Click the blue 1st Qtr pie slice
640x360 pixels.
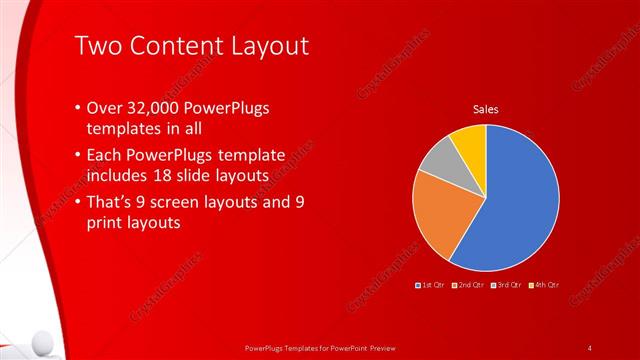click(515, 205)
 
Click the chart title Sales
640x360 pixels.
click(485, 109)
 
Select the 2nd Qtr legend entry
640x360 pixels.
click(468, 286)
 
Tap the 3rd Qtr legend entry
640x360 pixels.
click(506, 286)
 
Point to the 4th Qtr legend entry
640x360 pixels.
click(543, 286)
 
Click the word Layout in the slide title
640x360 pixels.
click(266, 46)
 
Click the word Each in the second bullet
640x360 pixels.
click(107, 155)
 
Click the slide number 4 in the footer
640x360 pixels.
click(590, 347)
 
